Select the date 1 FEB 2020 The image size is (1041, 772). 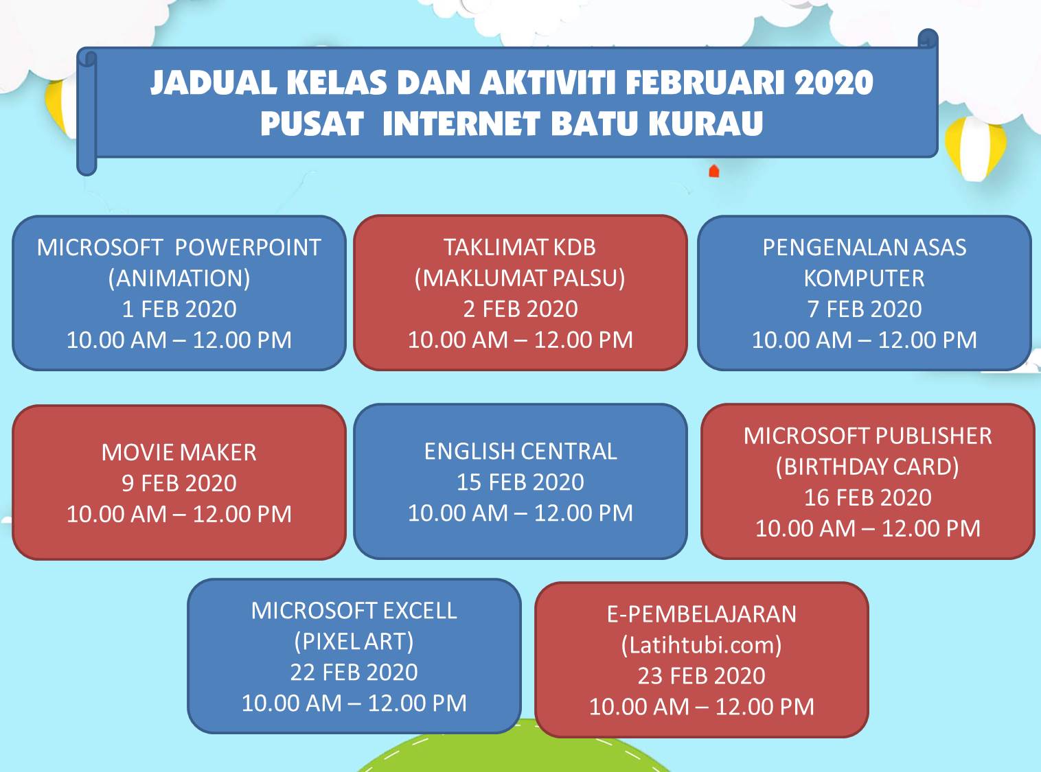tap(179, 309)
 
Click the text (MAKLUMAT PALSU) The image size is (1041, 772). tap(520, 279)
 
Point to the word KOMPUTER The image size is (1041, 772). tap(864, 279)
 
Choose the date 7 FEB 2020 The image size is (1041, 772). tap(864, 309)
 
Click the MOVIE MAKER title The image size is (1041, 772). tap(179, 453)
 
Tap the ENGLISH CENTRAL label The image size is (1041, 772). tap(520, 452)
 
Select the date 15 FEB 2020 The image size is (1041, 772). tap(520, 482)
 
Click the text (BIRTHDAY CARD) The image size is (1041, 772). tap(867, 467)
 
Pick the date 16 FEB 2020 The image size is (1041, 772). tap(867, 498)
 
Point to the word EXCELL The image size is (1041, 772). tap(419, 611)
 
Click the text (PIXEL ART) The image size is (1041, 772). tap(354, 642)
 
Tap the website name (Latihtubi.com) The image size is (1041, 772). tap(701, 645)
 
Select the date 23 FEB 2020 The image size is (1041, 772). tap(701, 676)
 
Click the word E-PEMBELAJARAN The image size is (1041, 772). tap(701, 614)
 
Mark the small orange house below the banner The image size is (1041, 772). tap(713, 171)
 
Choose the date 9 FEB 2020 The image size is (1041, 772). tap(179, 484)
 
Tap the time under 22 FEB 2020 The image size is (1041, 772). tap(354, 703)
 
